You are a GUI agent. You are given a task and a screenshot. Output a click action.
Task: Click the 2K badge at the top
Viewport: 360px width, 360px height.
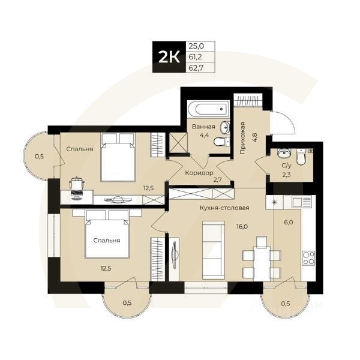(x=168, y=58)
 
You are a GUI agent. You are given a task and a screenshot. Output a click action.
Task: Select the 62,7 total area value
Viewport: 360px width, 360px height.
(x=196, y=67)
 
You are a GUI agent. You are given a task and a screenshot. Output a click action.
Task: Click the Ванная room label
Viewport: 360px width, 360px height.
(x=204, y=127)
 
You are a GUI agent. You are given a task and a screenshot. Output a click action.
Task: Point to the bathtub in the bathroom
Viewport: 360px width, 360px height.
(x=208, y=110)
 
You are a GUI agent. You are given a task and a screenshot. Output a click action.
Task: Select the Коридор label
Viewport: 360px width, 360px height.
(x=199, y=173)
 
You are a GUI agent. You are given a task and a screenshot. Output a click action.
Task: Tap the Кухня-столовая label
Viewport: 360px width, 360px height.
(x=224, y=208)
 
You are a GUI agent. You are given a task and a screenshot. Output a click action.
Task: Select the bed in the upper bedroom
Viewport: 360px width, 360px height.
(x=117, y=157)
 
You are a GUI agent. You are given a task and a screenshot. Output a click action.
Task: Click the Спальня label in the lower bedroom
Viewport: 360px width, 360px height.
(x=107, y=241)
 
